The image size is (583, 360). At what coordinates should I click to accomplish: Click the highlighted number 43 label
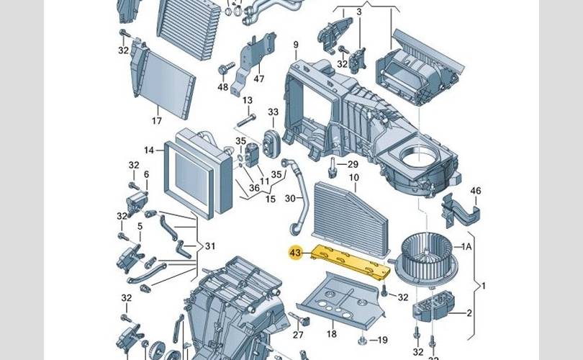pyautogui.click(x=295, y=253)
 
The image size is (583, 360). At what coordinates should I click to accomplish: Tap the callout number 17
pyautogui.click(x=156, y=121)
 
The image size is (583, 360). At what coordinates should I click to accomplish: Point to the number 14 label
pyautogui.click(x=149, y=150)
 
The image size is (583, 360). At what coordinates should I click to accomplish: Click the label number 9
pyautogui.click(x=294, y=46)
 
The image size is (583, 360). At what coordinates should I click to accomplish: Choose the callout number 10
pyautogui.click(x=353, y=177)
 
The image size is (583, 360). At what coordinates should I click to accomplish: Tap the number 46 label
pyautogui.click(x=475, y=191)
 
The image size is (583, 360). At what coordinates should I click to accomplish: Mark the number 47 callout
pyautogui.click(x=259, y=78)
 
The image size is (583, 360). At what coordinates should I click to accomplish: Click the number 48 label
pyautogui.click(x=223, y=87)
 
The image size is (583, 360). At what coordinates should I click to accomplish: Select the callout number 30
pyautogui.click(x=290, y=199)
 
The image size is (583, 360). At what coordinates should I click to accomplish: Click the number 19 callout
pyautogui.click(x=383, y=340)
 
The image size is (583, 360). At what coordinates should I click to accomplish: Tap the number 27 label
pyautogui.click(x=298, y=335)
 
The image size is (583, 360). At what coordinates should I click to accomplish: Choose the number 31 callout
pyautogui.click(x=209, y=246)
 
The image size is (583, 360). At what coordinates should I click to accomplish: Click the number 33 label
pyautogui.click(x=273, y=112)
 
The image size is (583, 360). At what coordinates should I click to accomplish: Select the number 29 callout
pyautogui.click(x=353, y=165)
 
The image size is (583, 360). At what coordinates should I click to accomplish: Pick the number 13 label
pyautogui.click(x=247, y=100)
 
